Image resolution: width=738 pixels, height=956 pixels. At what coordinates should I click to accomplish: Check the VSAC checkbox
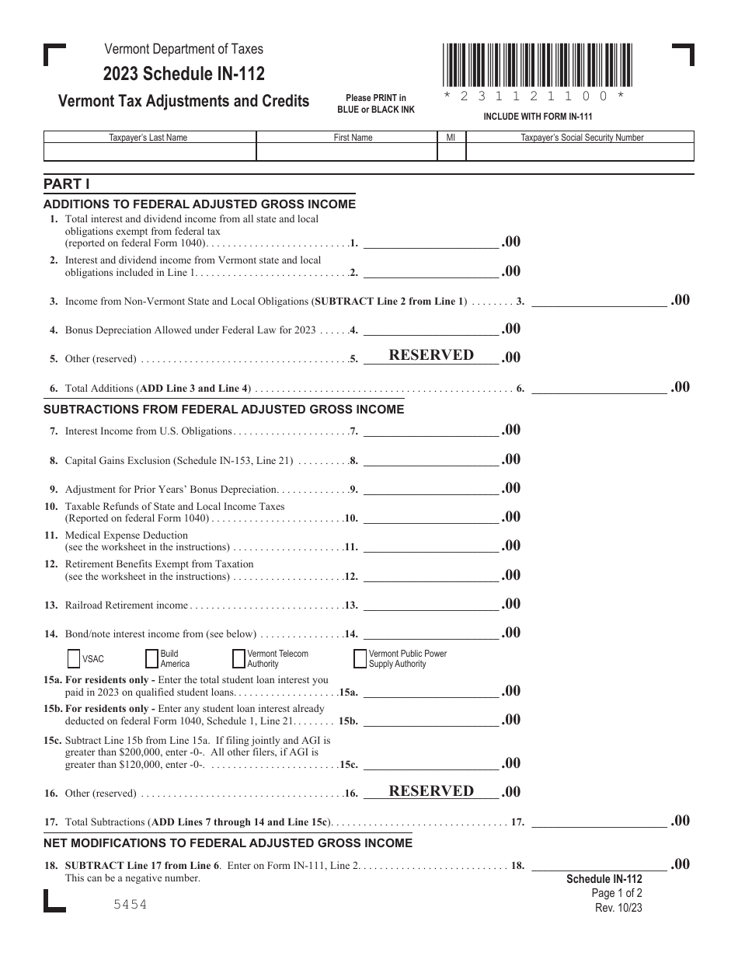75,658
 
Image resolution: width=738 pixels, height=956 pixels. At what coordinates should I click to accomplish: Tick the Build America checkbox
151,658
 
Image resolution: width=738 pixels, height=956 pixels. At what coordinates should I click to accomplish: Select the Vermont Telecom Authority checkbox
238,658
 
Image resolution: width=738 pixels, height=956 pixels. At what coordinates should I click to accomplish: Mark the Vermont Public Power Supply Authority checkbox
360,658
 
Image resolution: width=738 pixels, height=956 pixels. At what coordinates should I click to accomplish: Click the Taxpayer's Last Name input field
149,152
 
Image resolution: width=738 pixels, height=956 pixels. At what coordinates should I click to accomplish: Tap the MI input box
451,152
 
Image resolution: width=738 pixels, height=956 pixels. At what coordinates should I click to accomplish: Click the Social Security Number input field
581,152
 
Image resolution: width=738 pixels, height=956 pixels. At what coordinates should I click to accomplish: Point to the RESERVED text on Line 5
431,355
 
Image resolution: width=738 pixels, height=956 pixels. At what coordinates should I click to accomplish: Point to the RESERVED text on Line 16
431,791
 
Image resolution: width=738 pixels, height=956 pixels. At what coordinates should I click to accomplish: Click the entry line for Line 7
430,432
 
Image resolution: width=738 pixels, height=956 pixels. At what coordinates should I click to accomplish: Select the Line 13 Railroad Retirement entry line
430,606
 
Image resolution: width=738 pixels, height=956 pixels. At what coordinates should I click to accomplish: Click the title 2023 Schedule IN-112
184,75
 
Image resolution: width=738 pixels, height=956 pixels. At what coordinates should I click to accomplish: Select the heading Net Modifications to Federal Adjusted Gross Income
228,843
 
